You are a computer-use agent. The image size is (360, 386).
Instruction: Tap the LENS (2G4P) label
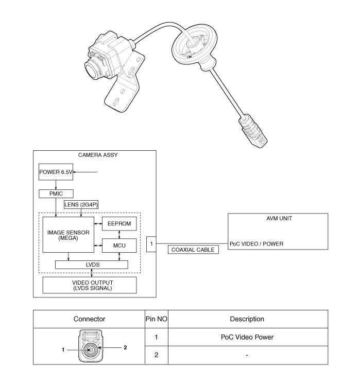(81, 204)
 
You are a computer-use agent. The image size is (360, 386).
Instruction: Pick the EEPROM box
(119, 225)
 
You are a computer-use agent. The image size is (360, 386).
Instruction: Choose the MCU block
(119, 246)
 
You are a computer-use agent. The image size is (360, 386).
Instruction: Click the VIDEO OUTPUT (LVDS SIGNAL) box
(89, 285)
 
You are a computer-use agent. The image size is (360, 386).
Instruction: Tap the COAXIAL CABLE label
(192, 250)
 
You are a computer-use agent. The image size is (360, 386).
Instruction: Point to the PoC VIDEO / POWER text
(256, 243)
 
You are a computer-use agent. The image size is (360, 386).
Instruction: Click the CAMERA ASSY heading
(94, 155)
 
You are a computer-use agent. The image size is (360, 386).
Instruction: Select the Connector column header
(90, 319)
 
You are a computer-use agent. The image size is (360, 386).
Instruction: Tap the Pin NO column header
(157, 319)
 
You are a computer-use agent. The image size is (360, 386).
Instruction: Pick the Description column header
(247, 319)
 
